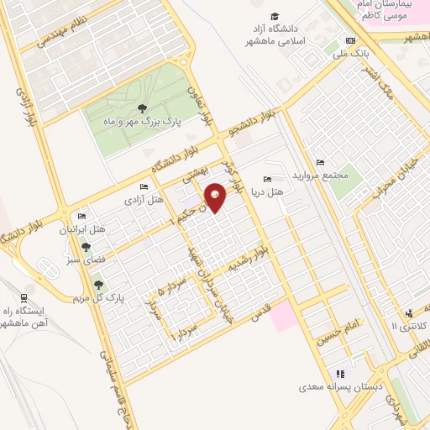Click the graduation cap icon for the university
275,16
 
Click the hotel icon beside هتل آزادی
144,186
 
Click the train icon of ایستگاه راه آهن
24,296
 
